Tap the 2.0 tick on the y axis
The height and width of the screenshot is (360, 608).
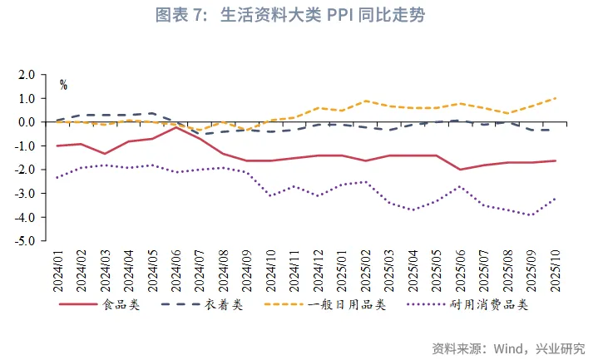[27, 75]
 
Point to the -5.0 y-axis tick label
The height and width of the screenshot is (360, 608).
[25, 241]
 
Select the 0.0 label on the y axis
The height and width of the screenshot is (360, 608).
[27, 122]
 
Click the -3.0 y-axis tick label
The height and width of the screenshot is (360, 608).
[25, 194]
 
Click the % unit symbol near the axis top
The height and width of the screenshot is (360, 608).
[63, 85]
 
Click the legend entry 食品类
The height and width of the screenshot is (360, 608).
[121, 305]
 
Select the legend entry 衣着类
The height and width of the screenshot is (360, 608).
[224, 305]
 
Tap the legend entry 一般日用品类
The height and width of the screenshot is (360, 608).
[346, 305]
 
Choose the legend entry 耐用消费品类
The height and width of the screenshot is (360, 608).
[488, 305]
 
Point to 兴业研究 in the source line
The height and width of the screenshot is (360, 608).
[561, 348]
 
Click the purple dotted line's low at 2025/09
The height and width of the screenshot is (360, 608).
[531, 215]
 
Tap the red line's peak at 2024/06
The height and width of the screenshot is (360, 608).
[176, 127]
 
